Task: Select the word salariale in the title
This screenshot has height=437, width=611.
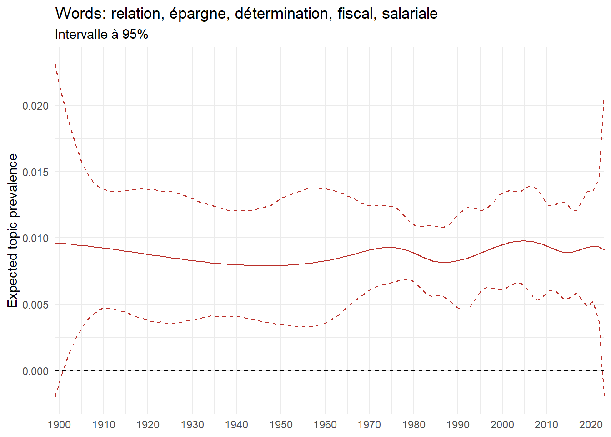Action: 410,14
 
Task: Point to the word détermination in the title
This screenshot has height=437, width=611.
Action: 281,14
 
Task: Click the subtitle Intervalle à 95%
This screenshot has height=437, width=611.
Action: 101,35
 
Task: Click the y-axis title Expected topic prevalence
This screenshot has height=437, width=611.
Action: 13,230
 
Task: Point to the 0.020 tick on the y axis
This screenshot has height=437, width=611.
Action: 35,106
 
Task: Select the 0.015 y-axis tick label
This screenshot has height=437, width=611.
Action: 35,172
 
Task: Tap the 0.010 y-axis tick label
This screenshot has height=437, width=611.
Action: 35,239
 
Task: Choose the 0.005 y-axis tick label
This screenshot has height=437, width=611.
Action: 35,305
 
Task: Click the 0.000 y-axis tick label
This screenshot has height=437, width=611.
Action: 35,371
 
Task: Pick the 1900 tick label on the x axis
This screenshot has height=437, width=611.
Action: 59,425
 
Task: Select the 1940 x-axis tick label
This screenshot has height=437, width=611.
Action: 236,425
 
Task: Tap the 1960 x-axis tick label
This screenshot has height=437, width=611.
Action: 325,425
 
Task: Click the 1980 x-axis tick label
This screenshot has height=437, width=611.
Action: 414,425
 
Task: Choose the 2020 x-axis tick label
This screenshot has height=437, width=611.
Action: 591,425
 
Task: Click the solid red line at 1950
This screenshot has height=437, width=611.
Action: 281,265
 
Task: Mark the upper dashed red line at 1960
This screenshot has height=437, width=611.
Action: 325,188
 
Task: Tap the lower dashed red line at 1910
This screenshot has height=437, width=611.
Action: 104,308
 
